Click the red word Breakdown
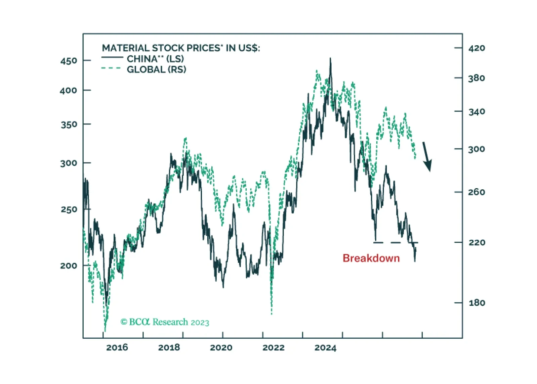tap(371, 258)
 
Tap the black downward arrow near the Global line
tap(427, 156)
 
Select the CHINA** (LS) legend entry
tap(155, 59)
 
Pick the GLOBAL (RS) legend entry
tap(156, 69)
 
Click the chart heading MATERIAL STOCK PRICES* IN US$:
tap(181, 48)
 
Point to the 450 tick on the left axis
tap(69, 61)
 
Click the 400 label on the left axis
tap(68, 90)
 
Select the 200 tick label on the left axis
tap(68, 266)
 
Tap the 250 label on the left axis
tap(69, 209)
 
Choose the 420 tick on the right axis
tap(477, 48)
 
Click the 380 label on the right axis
tap(477, 78)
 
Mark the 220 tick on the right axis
tap(477, 242)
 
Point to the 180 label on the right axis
tap(477, 303)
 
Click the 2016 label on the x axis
tap(117, 347)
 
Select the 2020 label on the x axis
tap(221, 347)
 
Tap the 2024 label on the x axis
tap(325, 347)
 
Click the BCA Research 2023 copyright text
tap(165, 322)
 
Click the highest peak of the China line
tap(330, 59)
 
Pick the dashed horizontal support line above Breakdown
tap(396, 242)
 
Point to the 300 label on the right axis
tap(477, 149)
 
